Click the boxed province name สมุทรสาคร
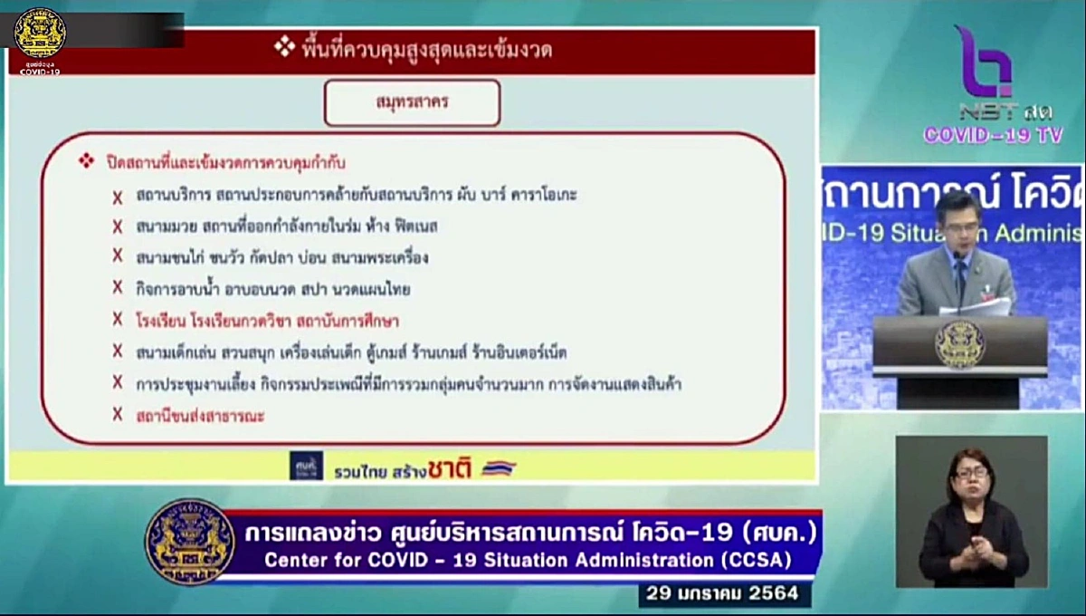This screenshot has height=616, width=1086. click(x=412, y=103)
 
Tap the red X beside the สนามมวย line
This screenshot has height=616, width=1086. click(x=118, y=226)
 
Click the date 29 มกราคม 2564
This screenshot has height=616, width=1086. click(x=723, y=594)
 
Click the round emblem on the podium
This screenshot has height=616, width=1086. click(x=958, y=344)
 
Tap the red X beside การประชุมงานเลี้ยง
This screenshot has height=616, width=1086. click(x=118, y=382)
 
